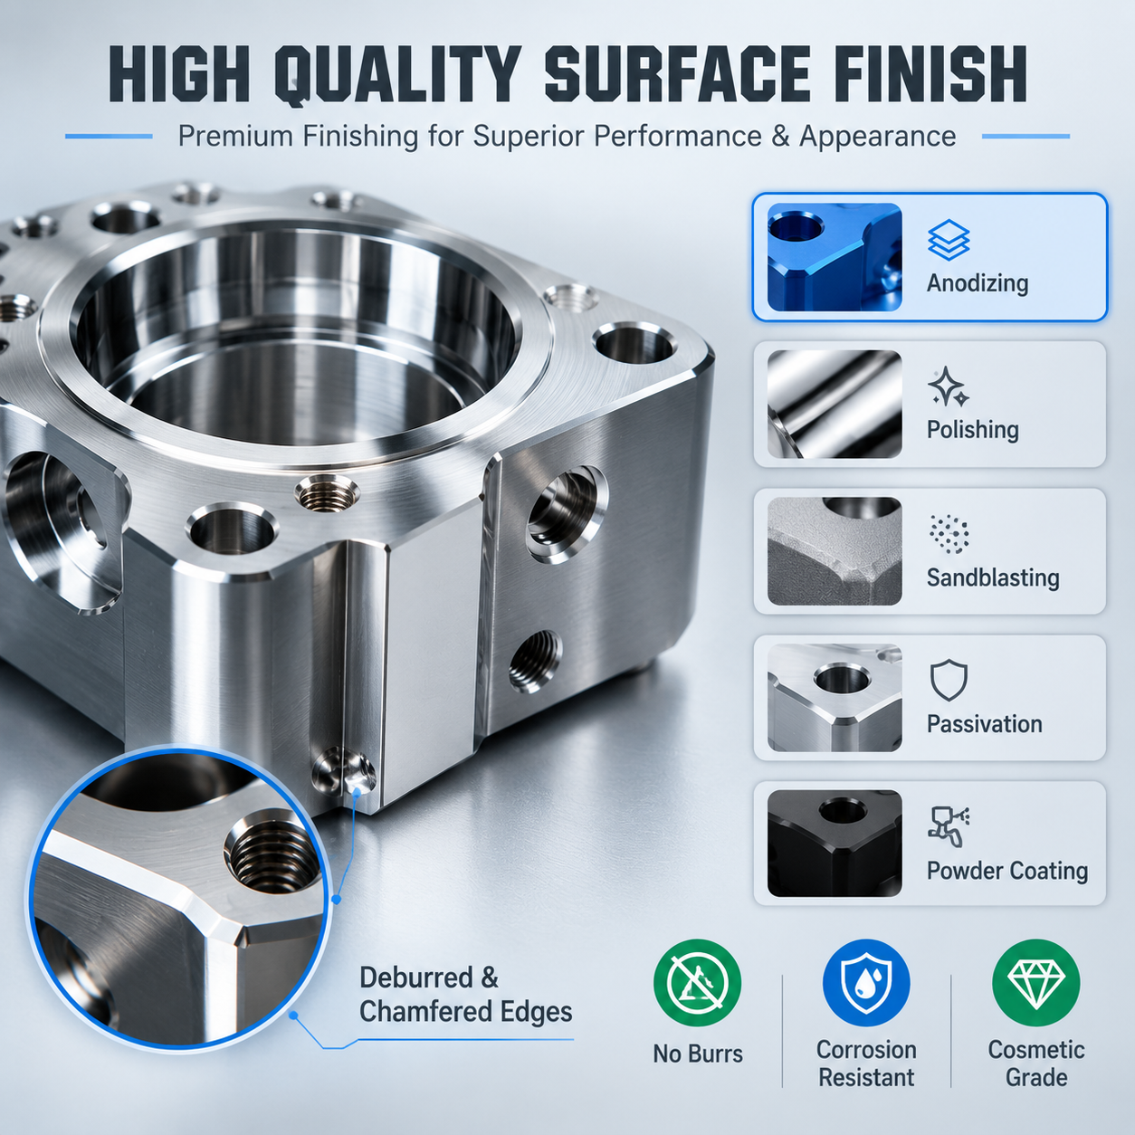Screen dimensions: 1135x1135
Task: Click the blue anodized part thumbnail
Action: [x=834, y=257]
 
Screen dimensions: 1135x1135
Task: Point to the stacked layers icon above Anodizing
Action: [x=949, y=240]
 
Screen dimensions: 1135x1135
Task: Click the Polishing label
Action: [x=972, y=429]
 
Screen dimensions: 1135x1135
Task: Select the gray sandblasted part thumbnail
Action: [x=834, y=550]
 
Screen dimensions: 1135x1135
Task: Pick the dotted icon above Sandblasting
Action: [x=949, y=534]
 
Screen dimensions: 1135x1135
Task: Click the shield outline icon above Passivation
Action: [x=949, y=680]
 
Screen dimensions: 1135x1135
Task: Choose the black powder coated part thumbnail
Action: [x=834, y=844]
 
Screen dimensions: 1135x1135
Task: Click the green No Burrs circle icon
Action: [x=697, y=982]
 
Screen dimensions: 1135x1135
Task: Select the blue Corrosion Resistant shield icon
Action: [x=866, y=982]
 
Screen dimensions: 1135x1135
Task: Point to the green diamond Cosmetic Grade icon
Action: [x=1036, y=982]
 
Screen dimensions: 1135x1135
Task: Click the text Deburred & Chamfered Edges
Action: [x=465, y=995]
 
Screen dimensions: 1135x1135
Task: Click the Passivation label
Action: [x=984, y=724]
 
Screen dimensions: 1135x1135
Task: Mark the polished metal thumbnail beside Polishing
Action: [x=834, y=404]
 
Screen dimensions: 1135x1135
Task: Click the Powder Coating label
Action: [x=1007, y=871]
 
